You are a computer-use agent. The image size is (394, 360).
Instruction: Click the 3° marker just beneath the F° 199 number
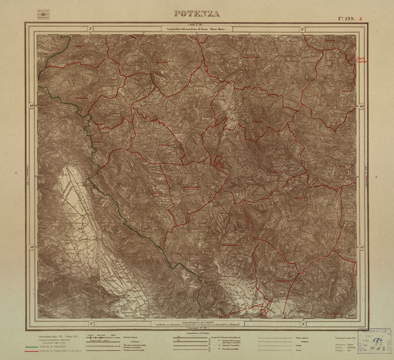(302, 29)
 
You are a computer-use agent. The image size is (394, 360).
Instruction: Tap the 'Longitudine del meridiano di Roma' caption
(197, 29)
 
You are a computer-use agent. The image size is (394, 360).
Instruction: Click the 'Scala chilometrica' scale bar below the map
(197, 318)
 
